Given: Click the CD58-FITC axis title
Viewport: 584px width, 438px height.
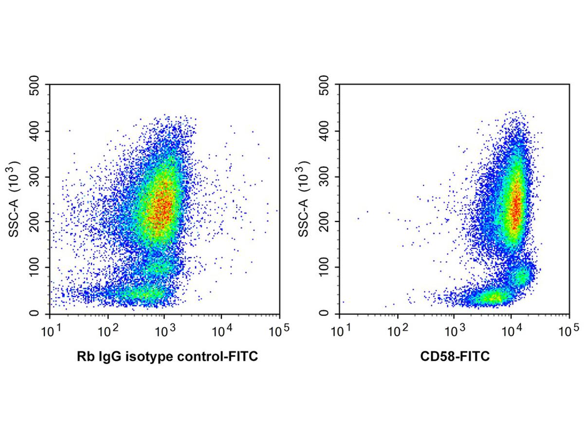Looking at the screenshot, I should coord(455,358).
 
